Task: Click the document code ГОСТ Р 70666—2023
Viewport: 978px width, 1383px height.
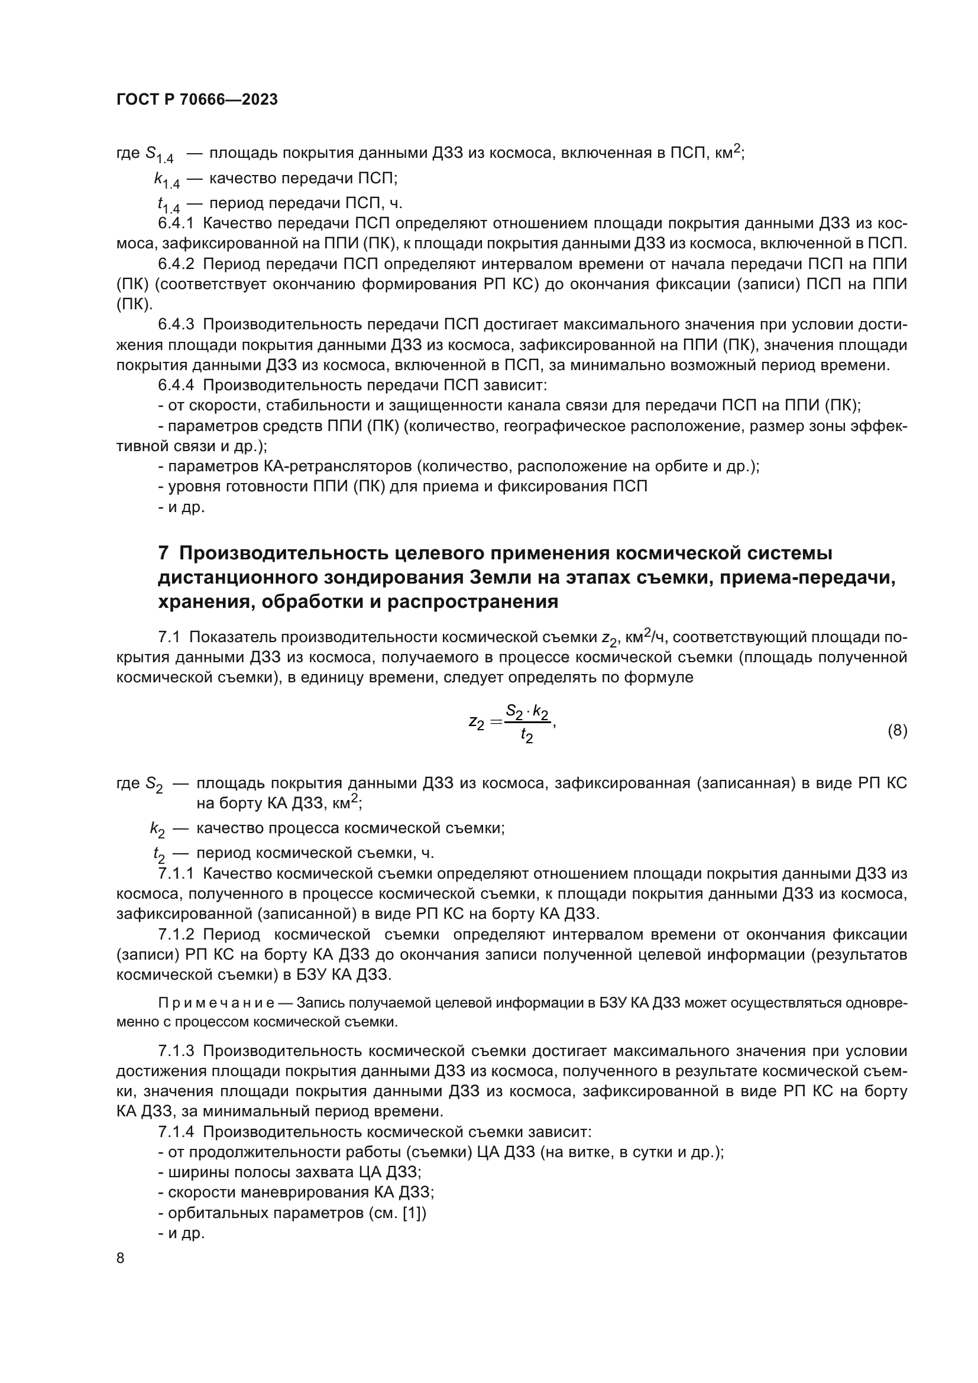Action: [197, 100]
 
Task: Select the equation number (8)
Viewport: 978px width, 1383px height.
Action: [898, 731]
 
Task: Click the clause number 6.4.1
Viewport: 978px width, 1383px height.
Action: [176, 224]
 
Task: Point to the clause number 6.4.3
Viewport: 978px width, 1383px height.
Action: [176, 325]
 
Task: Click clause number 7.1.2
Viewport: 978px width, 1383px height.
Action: [176, 934]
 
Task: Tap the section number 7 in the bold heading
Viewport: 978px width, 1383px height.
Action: [163, 553]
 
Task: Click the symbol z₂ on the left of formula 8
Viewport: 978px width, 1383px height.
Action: [477, 722]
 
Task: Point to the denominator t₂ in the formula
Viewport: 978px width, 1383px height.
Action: [527, 736]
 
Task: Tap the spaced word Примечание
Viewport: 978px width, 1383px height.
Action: [216, 1003]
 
